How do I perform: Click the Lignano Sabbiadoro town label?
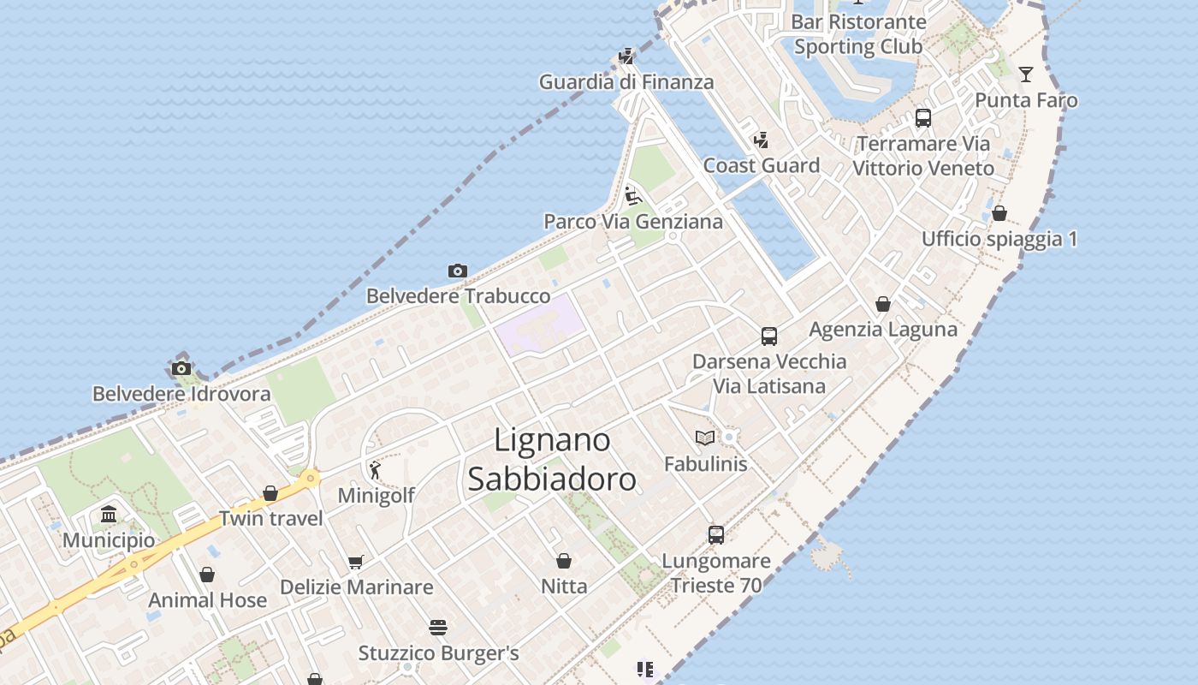(552, 460)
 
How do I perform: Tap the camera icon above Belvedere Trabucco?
(458, 271)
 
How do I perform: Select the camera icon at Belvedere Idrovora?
(181, 369)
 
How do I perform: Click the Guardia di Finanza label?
(626, 82)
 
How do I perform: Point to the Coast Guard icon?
(761, 140)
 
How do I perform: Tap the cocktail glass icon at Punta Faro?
(1026, 74)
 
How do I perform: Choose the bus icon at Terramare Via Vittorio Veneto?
(922, 118)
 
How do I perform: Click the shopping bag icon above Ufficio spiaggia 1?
(999, 213)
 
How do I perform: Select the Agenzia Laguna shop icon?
(883, 304)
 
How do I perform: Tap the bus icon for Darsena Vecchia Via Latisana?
(769, 337)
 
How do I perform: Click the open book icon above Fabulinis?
(705, 438)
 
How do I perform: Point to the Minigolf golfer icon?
(375, 470)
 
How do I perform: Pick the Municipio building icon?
(109, 515)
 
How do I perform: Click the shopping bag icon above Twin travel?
(270, 493)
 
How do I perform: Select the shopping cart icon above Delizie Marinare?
(356, 563)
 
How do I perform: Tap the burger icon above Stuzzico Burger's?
(438, 628)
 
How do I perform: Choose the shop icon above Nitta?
(564, 561)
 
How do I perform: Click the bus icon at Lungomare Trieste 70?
(716, 535)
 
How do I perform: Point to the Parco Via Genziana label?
(633, 222)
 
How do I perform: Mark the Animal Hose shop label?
(208, 600)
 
